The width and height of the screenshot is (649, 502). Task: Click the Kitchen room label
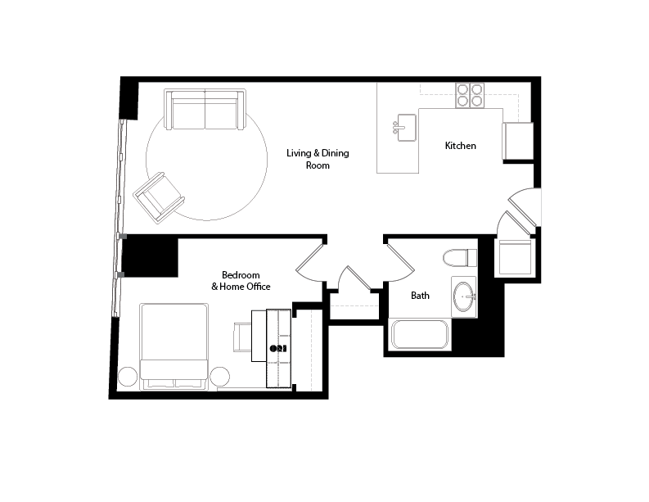click(460, 146)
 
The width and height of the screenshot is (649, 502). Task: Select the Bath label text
click(420, 296)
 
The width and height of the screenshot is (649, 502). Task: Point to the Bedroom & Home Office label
click(241, 280)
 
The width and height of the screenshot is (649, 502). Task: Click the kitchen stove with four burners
click(470, 96)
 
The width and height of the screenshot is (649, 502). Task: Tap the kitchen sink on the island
click(406, 127)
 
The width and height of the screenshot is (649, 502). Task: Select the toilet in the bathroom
click(460, 258)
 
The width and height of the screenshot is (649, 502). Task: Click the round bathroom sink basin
click(464, 296)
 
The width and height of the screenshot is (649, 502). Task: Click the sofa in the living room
click(205, 110)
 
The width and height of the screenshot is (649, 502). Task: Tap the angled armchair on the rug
click(160, 197)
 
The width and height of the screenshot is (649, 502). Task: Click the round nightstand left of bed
click(128, 378)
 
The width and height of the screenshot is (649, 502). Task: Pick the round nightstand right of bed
click(219, 378)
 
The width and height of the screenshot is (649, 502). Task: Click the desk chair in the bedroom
click(243, 337)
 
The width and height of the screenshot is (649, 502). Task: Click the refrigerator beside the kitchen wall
click(517, 140)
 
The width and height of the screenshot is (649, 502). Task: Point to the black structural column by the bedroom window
click(151, 256)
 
